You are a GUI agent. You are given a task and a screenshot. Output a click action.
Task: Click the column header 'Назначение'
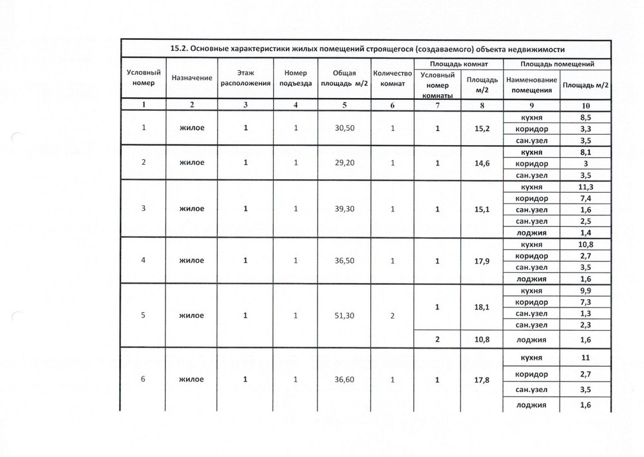(192, 77)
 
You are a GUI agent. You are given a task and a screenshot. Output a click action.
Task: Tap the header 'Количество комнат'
(392, 78)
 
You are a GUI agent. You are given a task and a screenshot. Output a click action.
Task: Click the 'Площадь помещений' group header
(556, 65)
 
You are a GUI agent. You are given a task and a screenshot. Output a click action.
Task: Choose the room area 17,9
(482, 260)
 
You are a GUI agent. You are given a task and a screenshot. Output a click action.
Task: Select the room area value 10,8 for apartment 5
(482, 339)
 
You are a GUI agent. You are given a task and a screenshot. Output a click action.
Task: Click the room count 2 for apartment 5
(392, 315)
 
